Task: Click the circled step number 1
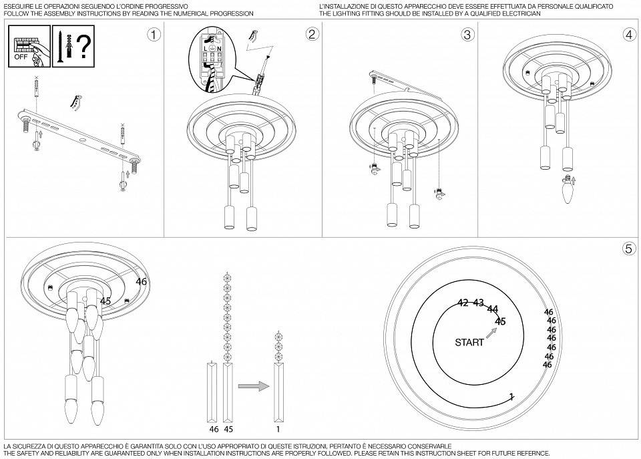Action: (x=154, y=35)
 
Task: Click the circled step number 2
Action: (x=311, y=35)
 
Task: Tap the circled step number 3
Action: (x=467, y=35)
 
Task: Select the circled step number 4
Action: (x=628, y=35)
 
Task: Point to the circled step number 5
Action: (x=628, y=249)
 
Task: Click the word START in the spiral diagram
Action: (x=469, y=343)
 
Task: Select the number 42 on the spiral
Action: (x=463, y=303)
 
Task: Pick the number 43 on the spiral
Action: (x=478, y=303)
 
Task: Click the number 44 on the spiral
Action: (x=493, y=309)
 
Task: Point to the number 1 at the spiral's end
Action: (x=511, y=396)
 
